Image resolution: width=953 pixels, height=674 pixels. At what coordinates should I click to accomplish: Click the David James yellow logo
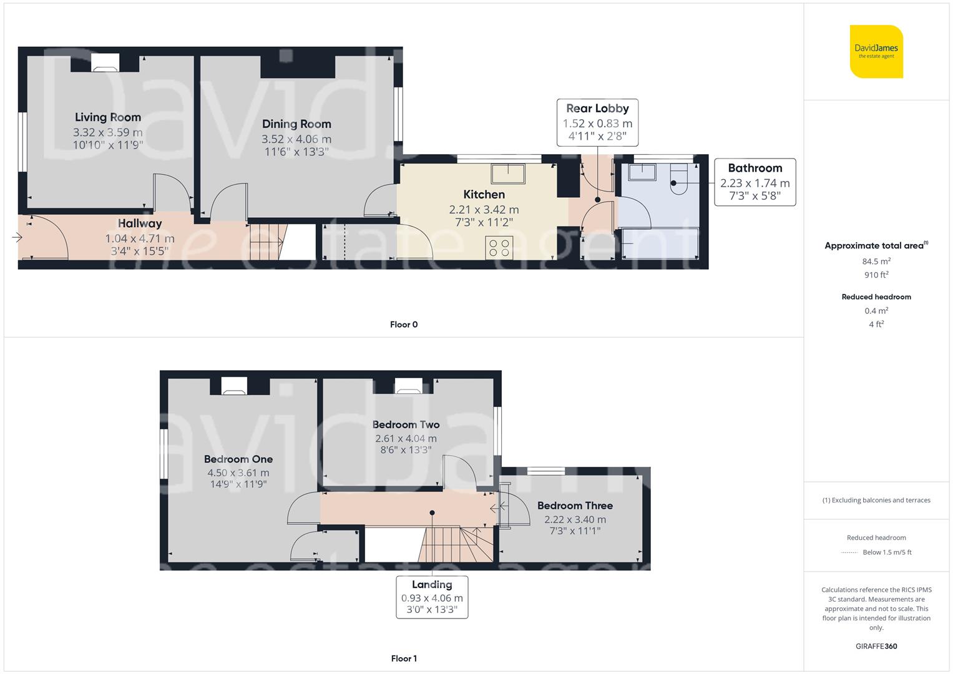pyautogui.click(x=876, y=51)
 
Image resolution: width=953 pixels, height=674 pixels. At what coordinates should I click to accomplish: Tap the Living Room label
pyautogui.click(x=107, y=117)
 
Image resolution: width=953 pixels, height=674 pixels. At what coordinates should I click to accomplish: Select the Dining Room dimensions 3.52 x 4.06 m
pyautogui.click(x=296, y=139)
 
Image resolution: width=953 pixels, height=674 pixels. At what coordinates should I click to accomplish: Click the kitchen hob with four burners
pyautogui.click(x=499, y=248)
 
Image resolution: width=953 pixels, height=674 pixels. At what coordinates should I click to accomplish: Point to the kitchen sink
pyautogui.click(x=508, y=173)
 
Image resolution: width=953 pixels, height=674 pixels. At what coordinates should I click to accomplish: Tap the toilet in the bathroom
pyautogui.click(x=678, y=178)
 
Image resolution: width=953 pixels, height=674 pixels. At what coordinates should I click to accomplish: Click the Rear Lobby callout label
pyautogui.click(x=597, y=109)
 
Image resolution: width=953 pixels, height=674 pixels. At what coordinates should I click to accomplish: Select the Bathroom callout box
pyautogui.click(x=755, y=182)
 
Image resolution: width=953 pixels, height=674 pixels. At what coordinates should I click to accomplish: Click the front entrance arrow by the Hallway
pyautogui.click(x=17, y=237)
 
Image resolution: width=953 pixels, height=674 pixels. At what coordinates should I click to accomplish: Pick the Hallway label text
pyautogui.click(x=140, y=223)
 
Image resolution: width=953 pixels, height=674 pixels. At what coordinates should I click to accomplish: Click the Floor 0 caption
pyautogui.click(x=404, y=325)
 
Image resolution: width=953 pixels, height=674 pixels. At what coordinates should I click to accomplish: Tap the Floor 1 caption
pyautogui.click(x=404, y=658)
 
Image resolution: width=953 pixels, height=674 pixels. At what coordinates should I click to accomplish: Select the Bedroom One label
pyautogui.click(x=238, y=459)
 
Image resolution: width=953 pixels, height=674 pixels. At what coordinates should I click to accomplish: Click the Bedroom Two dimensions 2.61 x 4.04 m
pyautogui.click(x=406, y=438)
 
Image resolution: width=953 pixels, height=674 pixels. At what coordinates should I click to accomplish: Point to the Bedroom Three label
pyautogui.click(x=575, y=506)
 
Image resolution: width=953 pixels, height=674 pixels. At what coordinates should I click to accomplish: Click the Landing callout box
pyautogui.click(x=432, y=597)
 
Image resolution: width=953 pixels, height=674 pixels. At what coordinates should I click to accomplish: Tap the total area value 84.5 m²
pyautogui.click(x=876, y=261)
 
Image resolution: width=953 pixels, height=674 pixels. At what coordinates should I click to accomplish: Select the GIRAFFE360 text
pyautogui.click(x=876, y=647)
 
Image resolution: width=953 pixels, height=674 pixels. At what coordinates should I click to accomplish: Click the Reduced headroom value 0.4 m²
pyautogui.click(x=876, y=311)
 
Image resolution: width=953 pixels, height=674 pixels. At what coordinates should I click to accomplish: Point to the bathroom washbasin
pyautogui.click(x=642, y=172)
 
